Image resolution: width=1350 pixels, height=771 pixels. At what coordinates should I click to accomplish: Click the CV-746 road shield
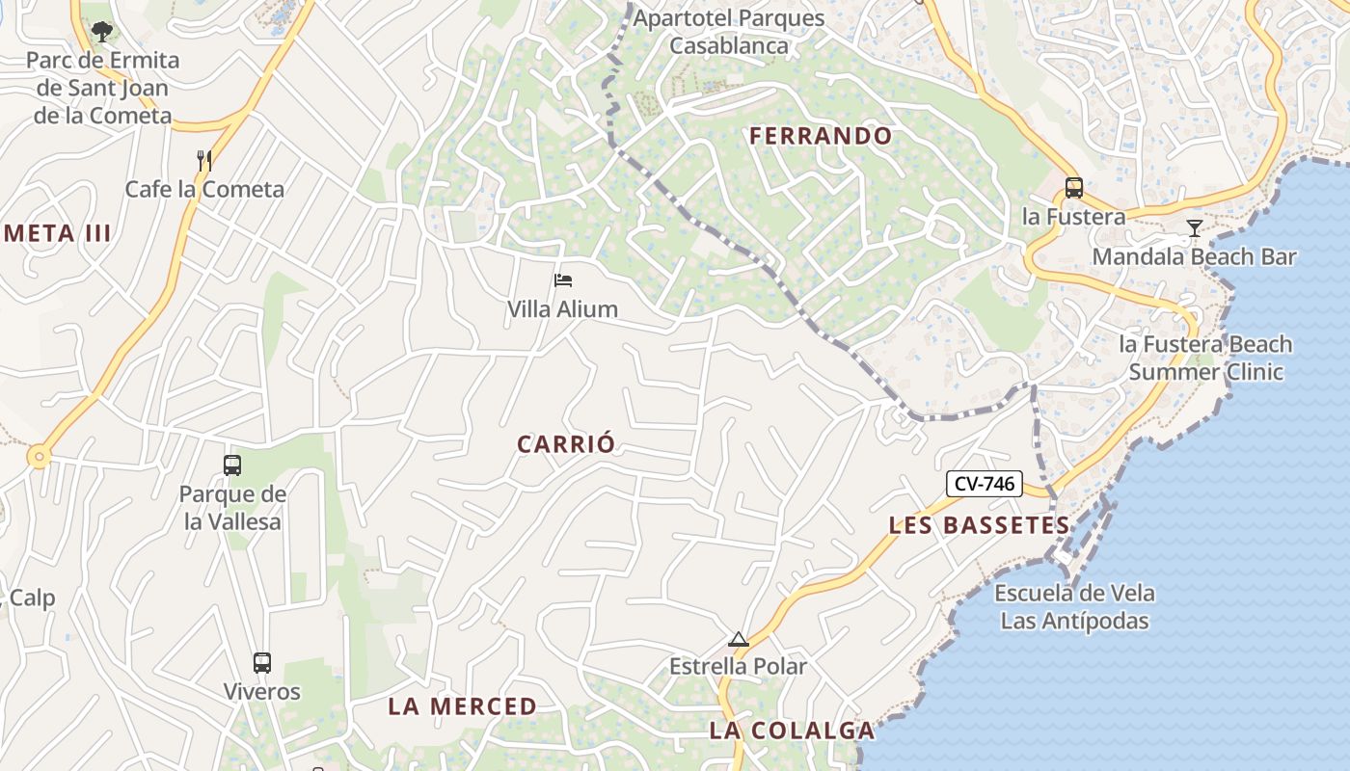coord(984,484)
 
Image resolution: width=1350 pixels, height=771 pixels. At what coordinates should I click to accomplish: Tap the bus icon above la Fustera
coord(1073,188)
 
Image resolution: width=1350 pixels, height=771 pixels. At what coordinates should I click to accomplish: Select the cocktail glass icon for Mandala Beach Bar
coord(1195,228)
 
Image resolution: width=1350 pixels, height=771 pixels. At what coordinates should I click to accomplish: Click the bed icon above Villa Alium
coord(563,280)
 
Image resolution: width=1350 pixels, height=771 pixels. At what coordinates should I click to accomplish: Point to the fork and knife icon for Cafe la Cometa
coord(204,160)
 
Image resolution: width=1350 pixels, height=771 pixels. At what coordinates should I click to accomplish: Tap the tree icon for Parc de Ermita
coord(101,32)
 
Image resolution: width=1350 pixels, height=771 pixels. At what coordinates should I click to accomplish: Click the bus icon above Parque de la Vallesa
coord(232,465)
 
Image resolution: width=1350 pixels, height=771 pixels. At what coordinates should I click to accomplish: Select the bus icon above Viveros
coord(262,663)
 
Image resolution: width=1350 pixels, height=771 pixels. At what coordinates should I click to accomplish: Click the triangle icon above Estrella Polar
coord(739,639)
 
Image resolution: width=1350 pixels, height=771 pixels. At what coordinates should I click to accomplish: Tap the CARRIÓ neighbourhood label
coord(566,444)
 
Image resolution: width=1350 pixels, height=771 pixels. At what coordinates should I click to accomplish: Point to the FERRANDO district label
coord(822,136)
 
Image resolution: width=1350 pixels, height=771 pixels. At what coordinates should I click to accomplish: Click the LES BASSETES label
coord(979,525)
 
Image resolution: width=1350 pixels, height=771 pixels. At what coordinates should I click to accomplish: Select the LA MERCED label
coord(462,706)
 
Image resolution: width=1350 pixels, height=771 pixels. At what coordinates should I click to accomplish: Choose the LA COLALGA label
coord(792,731)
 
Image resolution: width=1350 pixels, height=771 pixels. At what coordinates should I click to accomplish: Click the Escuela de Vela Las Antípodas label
coord(1074,606)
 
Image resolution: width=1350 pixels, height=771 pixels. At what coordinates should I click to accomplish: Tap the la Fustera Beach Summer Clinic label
coord(1205,358)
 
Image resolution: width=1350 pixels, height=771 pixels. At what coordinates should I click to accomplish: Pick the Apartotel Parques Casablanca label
coord(729,32)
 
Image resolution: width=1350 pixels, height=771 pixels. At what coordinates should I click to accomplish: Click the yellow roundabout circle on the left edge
coord(39,457)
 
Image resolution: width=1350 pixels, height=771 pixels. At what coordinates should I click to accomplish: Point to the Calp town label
coord(32,598)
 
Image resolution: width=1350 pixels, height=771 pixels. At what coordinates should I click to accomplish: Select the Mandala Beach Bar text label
coord(1194,256)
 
